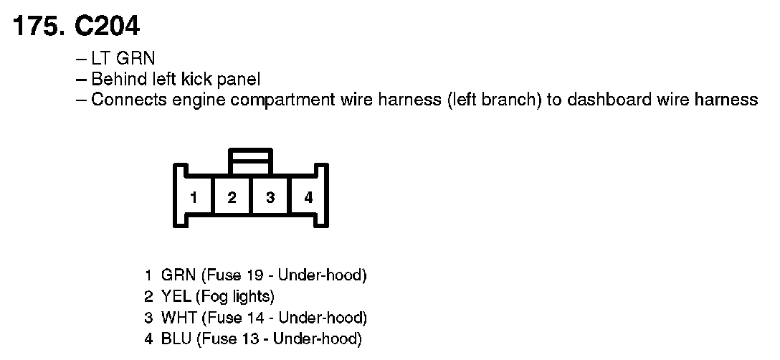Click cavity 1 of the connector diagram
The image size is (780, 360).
click(x=194, y=196)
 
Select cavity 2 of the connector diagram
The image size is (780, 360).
click(x=232, y=196)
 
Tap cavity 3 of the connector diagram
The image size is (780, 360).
click(x=270, y=196)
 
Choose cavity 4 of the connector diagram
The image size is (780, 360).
click(x=308, y=196)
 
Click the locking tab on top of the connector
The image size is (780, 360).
click(x=250, y=161)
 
